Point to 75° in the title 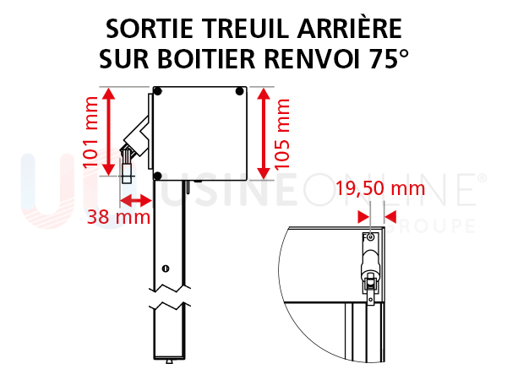tap(389, 58)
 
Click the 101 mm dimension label tap(90, 133)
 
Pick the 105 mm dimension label tap(281, 134)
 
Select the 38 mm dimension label tap(118, 217)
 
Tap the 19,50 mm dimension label tap(380, 188)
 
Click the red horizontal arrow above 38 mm tap(136, 201)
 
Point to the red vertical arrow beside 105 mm tap(264, 133)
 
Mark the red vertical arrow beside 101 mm tap(109, 132)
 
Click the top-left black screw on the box tap(157, 91)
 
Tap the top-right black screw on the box tap(240, 91)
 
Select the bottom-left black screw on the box tap(157, 176)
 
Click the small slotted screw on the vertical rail tap(166, 269)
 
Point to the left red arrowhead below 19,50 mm tap(363, 217)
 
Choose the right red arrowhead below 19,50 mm tap(390, 217)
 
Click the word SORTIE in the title tap(150, 29)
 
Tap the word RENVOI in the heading tap(312, 59)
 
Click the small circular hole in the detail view tap(371, 237)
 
